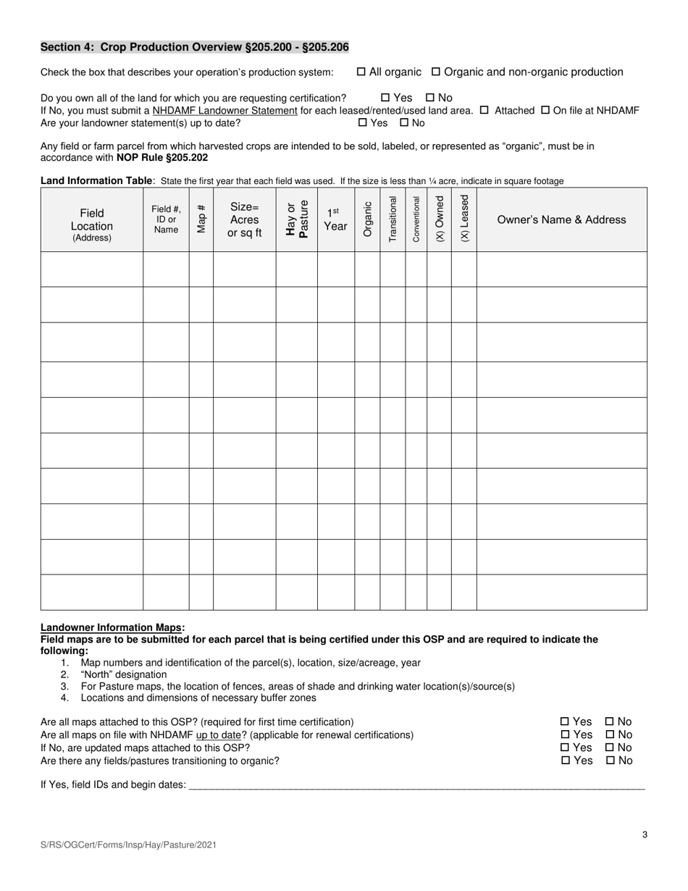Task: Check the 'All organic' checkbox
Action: pos(361,72)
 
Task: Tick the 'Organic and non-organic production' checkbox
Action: pos(436,72)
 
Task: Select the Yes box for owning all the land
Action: pos(385,98)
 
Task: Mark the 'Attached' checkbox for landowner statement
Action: pos(484,111)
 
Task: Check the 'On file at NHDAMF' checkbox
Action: pos(546,111)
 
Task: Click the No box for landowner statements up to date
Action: pos(405,123)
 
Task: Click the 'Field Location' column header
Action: pos(92,220)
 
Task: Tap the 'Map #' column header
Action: pos(201,219)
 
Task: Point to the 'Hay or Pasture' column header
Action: pos(296,219)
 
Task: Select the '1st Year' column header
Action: pos(335,219)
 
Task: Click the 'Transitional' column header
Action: pos(393,219)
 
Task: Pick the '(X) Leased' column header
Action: pos(463,219)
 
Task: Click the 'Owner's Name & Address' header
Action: pos(561,219)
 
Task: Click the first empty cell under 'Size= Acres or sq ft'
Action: pos(244,269)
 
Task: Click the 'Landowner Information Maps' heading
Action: pos(112,627)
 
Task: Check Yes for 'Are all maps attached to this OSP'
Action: pos(565,722)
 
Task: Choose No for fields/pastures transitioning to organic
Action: pos(609,761)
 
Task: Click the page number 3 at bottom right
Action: pos(645,834)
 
